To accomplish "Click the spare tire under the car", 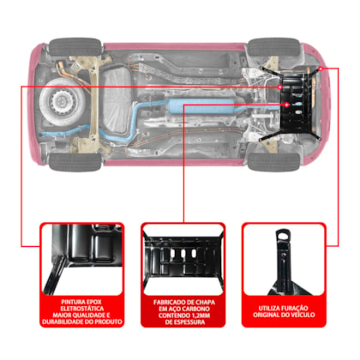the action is point(63,101).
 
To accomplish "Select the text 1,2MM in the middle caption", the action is point(200,315).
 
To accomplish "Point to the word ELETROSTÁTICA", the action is point(82,309).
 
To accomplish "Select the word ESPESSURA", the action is point(189,322).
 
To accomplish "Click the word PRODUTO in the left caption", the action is point(109,321).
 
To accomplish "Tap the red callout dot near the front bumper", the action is point(321,69).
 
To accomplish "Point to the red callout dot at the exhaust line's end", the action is point(287,105).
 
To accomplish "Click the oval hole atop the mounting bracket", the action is point(282,236).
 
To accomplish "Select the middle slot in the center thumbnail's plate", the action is point(183,253).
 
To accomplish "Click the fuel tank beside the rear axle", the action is point(117,101).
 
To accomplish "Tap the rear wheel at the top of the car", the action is point(75,47).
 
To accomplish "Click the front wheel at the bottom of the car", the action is point(273,162).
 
